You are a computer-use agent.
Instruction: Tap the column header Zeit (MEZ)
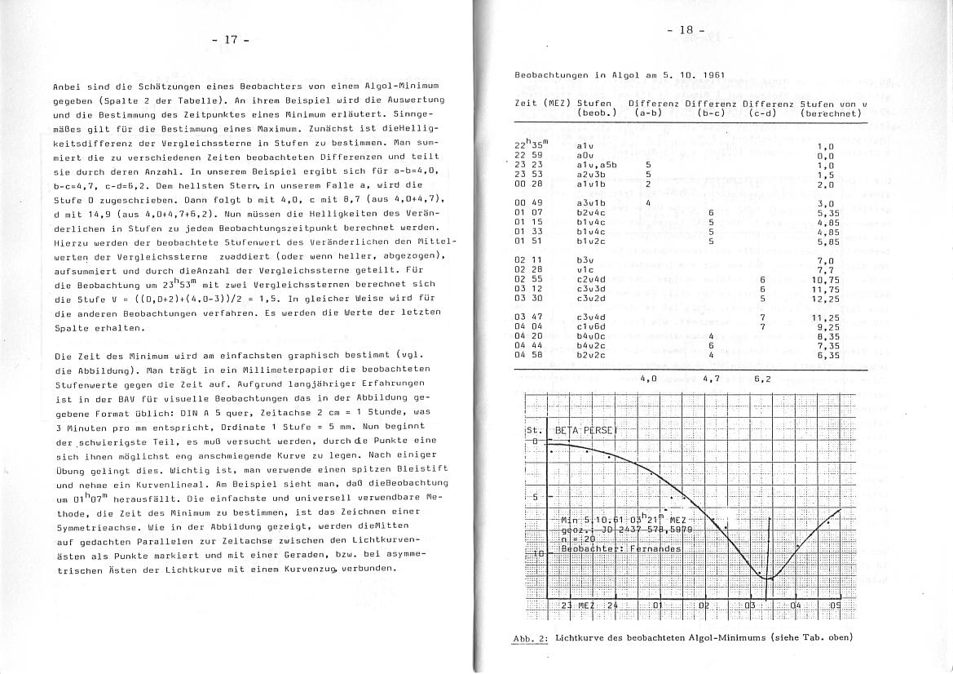(x=542, y=104)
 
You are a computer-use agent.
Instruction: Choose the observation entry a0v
(x=585, y=154)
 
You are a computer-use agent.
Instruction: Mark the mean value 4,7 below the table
(x=712, y=379)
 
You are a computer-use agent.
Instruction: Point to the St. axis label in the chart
(x=534, y=430)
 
